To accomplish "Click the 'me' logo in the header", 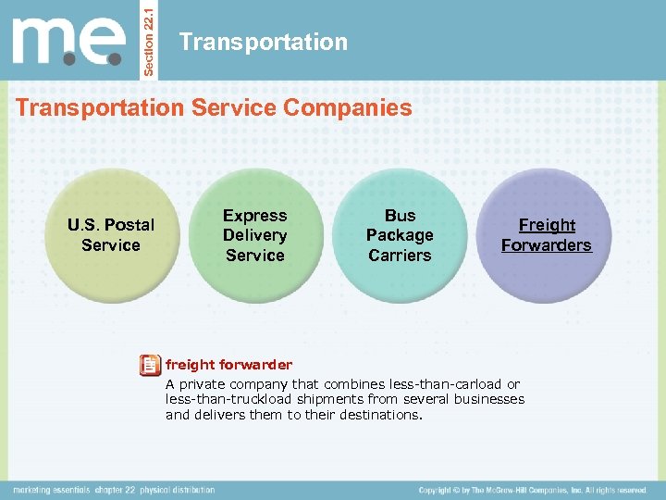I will coord(68,43).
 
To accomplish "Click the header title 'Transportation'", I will coord(264,42).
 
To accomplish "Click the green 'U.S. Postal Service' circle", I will coord(111,235).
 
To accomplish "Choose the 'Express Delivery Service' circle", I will coord(255,235).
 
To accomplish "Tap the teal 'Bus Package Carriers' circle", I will coord(400,235).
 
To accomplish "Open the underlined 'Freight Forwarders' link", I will coord(546,235).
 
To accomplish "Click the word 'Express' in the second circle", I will coord(255,216).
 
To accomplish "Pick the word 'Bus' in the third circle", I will coord(400,216).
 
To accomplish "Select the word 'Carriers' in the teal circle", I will coord(400,256).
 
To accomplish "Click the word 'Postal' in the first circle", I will coord(129,225).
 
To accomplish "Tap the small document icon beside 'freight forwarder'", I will coord(149,366).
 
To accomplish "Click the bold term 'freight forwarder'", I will coord(228,365).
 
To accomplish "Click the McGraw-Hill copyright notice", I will coord(532,490).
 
